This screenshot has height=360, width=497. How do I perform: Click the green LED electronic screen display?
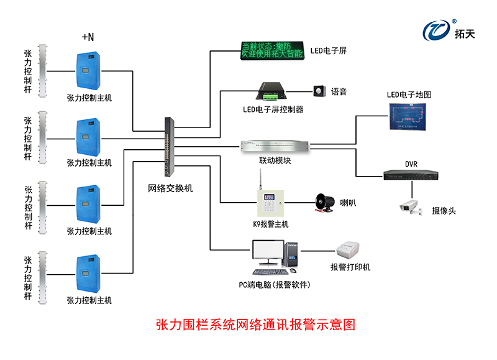pyautogui.click(x=271, y=50)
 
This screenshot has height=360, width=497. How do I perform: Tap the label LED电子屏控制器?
pyautogui.click(x=273, y=109)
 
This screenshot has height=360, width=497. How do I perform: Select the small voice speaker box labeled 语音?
pyautogui.click(x=320, y=91)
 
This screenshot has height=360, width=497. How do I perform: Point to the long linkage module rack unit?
pyautogui.click(x=275, y=147)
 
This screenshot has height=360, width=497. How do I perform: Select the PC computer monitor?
pyautogui.click(x=268, y=253)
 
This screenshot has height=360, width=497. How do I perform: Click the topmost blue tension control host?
pyautogui.click(x=88, y=71)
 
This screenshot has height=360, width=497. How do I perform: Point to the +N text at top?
pyautogui.click(x=88, y=37)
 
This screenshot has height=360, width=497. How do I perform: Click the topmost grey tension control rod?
pyautogui.click(x=42, y=71)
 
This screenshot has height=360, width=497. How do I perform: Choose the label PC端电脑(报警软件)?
pyautogui.click(x=274, y=285)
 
